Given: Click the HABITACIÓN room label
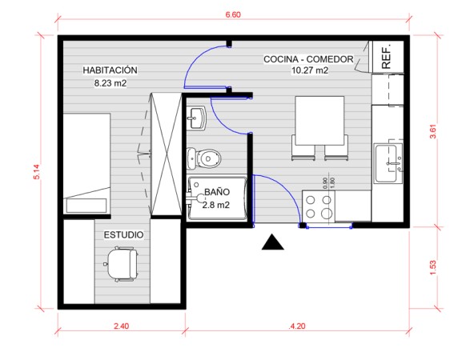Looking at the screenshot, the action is pyautogui.click(x=110, y=70).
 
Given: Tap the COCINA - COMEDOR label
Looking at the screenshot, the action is pyautogui.click(x=308, y=59).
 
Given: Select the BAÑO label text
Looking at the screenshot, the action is pyautogui.click(x=217, y=191).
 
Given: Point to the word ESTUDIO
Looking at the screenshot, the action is pyautogui.click(x=123, y=234).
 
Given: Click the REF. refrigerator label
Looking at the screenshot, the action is pyautogui.click(x=386, y=57).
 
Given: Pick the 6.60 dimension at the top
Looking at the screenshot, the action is pyautogui.click(x=233, y=14).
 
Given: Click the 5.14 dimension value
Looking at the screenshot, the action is pyautogui.click(x=37, y=172).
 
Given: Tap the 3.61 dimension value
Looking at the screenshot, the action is pyautogui.click(x=433, y=131).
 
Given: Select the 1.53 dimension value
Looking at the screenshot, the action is pyautogui.click(x=433, y=267).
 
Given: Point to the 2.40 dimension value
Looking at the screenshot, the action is pyautogui.click(x=122, y=326).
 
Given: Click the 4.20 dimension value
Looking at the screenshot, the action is pyautogui.click(x=297, y=326).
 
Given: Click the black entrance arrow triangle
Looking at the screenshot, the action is pyautogui.click(x=273, y=242).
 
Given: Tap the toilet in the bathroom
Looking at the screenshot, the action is pyautogui.click(x=203, y=158).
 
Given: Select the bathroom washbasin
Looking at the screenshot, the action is pyautogui.click(x=196, y=118).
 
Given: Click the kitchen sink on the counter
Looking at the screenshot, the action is pyautogui.click(x=388, y=163).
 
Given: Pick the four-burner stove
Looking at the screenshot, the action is pyautogui.click(x=319, y=206).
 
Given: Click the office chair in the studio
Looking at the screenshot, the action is pyautogui.click(x=122, y=264).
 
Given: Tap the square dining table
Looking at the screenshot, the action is pyautogui.click(x=319, y=121).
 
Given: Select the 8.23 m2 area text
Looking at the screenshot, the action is pyautogui.click(x=110, y=83).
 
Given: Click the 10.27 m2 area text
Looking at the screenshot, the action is pyautogui.click(x=310, y=70).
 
